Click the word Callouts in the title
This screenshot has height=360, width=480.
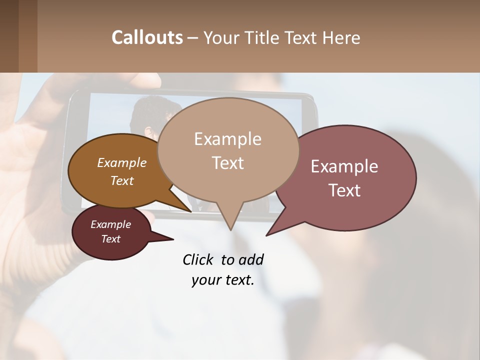(x=147, y=37)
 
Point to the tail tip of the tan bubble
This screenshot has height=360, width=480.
(x=230, y=230)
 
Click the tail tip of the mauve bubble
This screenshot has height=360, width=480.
(x=266, y=235)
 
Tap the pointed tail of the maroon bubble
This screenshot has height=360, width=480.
(x=173, y=239)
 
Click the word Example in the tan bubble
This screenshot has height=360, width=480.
(x=227, y=139)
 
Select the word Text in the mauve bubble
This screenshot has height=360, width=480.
(x=345, y=190)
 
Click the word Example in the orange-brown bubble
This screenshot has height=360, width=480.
(x=121, y=162)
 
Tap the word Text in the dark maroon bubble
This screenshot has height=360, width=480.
(x=110, y=239)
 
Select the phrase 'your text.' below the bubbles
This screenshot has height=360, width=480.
(x=222, y=280)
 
